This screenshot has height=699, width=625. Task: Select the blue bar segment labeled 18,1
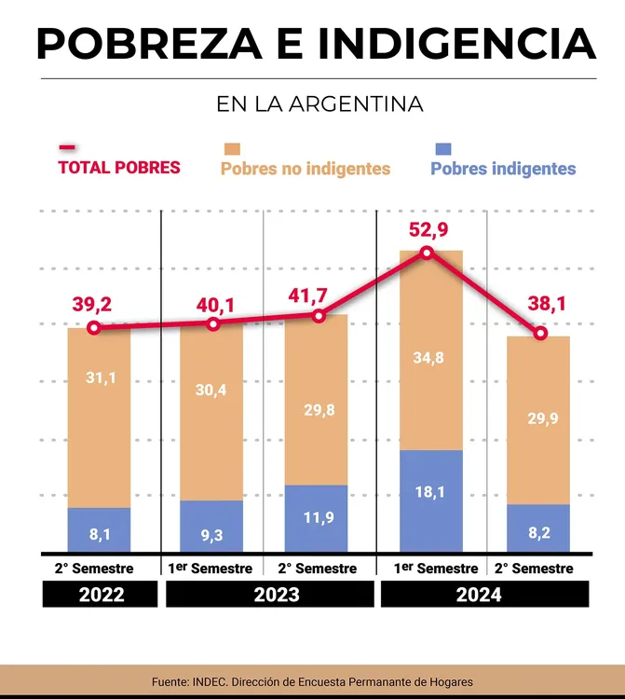click(x=431, y=500)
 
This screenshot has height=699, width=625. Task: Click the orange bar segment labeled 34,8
click(x=431, y=350)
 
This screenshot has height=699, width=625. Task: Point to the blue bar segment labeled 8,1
click(x=99, y=529)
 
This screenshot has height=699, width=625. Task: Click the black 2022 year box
click(x=100, y=595)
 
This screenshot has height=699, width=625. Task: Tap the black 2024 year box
click(x=484, y=595)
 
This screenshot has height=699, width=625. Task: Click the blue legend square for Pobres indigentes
click(x=443, y=149)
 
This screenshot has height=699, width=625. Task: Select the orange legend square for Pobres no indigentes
click(x=232, y=149)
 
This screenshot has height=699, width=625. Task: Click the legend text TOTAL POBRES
click(x=119, y=168)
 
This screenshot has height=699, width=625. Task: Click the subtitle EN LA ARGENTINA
click(x=319, y=104)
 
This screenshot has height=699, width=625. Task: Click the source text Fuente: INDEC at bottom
click(x=312, y=682)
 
